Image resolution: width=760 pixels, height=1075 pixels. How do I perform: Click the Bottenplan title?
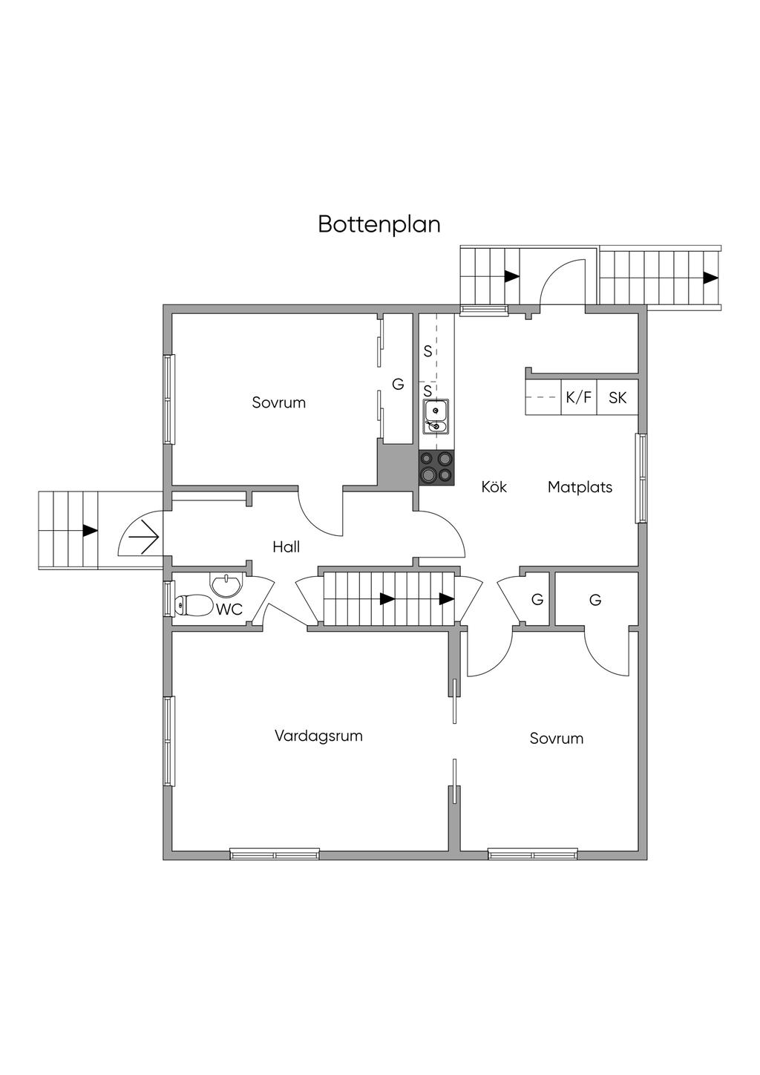tap(379, 224)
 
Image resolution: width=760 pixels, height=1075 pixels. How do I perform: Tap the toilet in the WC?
tap(192, 606)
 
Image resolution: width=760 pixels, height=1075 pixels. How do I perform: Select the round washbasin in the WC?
tap(226, 585)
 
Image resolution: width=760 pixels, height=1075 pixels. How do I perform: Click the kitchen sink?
tap(436, 416)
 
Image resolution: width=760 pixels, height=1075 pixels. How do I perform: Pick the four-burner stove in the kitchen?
tap(436, 468)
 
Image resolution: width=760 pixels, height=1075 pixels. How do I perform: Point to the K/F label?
tap(579, 398)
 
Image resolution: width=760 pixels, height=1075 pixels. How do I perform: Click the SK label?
tap(617, 398)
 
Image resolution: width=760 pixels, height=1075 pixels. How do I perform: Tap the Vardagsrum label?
tap(318, 736)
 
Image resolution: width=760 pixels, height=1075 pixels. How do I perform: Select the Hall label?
tap(286, 547)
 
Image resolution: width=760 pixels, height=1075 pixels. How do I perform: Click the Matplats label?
tap(580, 488)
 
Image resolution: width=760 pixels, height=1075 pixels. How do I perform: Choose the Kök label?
tap(494, 488)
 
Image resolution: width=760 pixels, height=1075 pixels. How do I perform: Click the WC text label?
tap(229, 610)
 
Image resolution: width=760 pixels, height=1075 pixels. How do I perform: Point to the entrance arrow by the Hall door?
tap(142, 535)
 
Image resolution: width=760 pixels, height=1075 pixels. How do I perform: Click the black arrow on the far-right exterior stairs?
tap(710, 278)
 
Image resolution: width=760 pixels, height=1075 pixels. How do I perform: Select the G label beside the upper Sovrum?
tap(398, 385)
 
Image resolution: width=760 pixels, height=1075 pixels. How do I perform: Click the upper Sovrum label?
tap(278, 403)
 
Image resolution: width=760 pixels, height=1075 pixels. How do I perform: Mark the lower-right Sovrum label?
tap(556, 739)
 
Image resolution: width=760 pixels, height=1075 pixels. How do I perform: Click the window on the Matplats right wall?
tap(641, 478)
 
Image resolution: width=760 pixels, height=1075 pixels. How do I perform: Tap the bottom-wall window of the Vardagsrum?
tap(275, 855)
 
